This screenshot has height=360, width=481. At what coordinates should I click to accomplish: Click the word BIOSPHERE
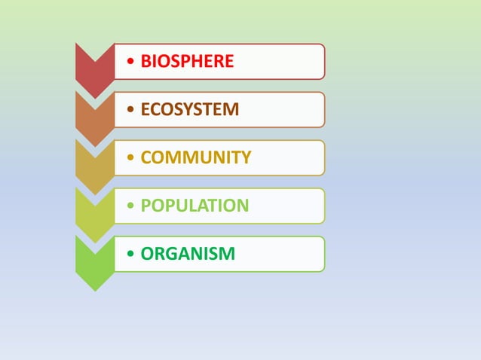coord(187,62)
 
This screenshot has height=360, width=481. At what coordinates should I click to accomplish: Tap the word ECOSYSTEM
coord(190,110)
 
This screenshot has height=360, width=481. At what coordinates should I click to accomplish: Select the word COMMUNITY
coord(196,157)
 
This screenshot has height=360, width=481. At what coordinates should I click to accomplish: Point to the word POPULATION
coord(195,206)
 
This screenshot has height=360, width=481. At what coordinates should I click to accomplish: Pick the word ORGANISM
coord(188,254)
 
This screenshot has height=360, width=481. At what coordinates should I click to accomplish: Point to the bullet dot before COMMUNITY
coord(132,158)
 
